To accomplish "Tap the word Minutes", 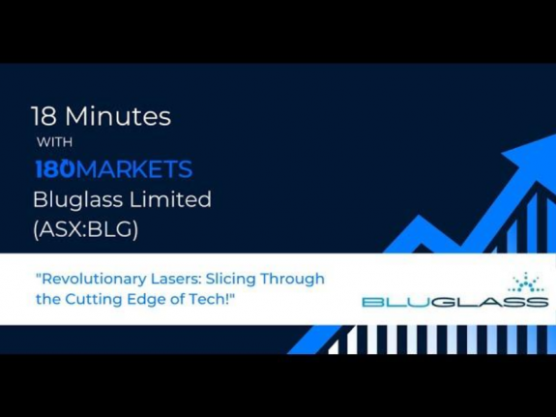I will point(120,118).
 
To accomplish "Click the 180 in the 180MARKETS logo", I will point(54,170).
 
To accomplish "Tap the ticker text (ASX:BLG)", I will point(86,230).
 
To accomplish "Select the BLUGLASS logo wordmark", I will point(454,302).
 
